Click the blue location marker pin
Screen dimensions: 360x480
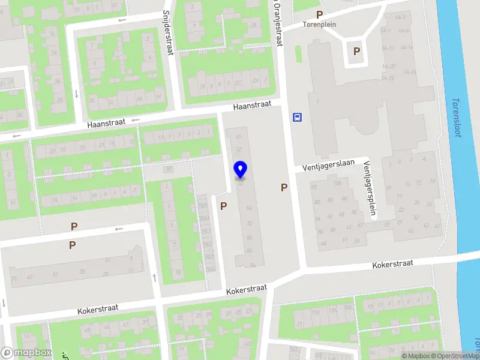241,170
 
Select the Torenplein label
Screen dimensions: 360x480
319,25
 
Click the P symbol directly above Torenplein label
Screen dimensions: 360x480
320,15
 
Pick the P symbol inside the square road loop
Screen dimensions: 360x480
357,52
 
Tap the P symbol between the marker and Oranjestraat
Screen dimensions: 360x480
284,188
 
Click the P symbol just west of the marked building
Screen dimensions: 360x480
224,206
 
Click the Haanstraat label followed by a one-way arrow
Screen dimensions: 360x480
106,122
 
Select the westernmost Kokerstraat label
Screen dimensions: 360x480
98,310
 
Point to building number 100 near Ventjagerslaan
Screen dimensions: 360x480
338,183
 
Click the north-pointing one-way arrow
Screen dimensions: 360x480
155,277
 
